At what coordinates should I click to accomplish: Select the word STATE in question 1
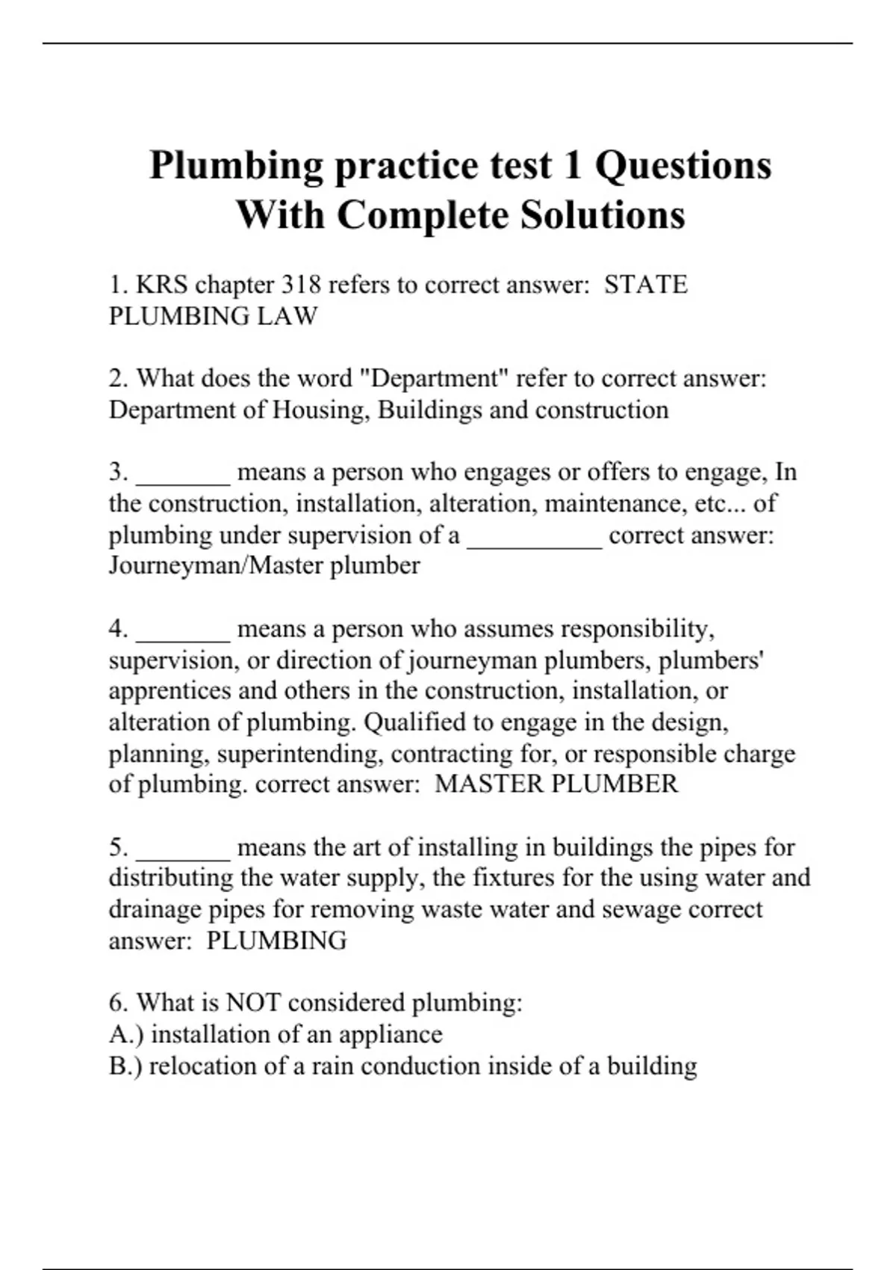coord(645,285)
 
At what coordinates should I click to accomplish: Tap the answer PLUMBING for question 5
coord(276,941)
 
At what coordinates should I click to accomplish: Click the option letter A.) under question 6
coord(126,1035)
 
